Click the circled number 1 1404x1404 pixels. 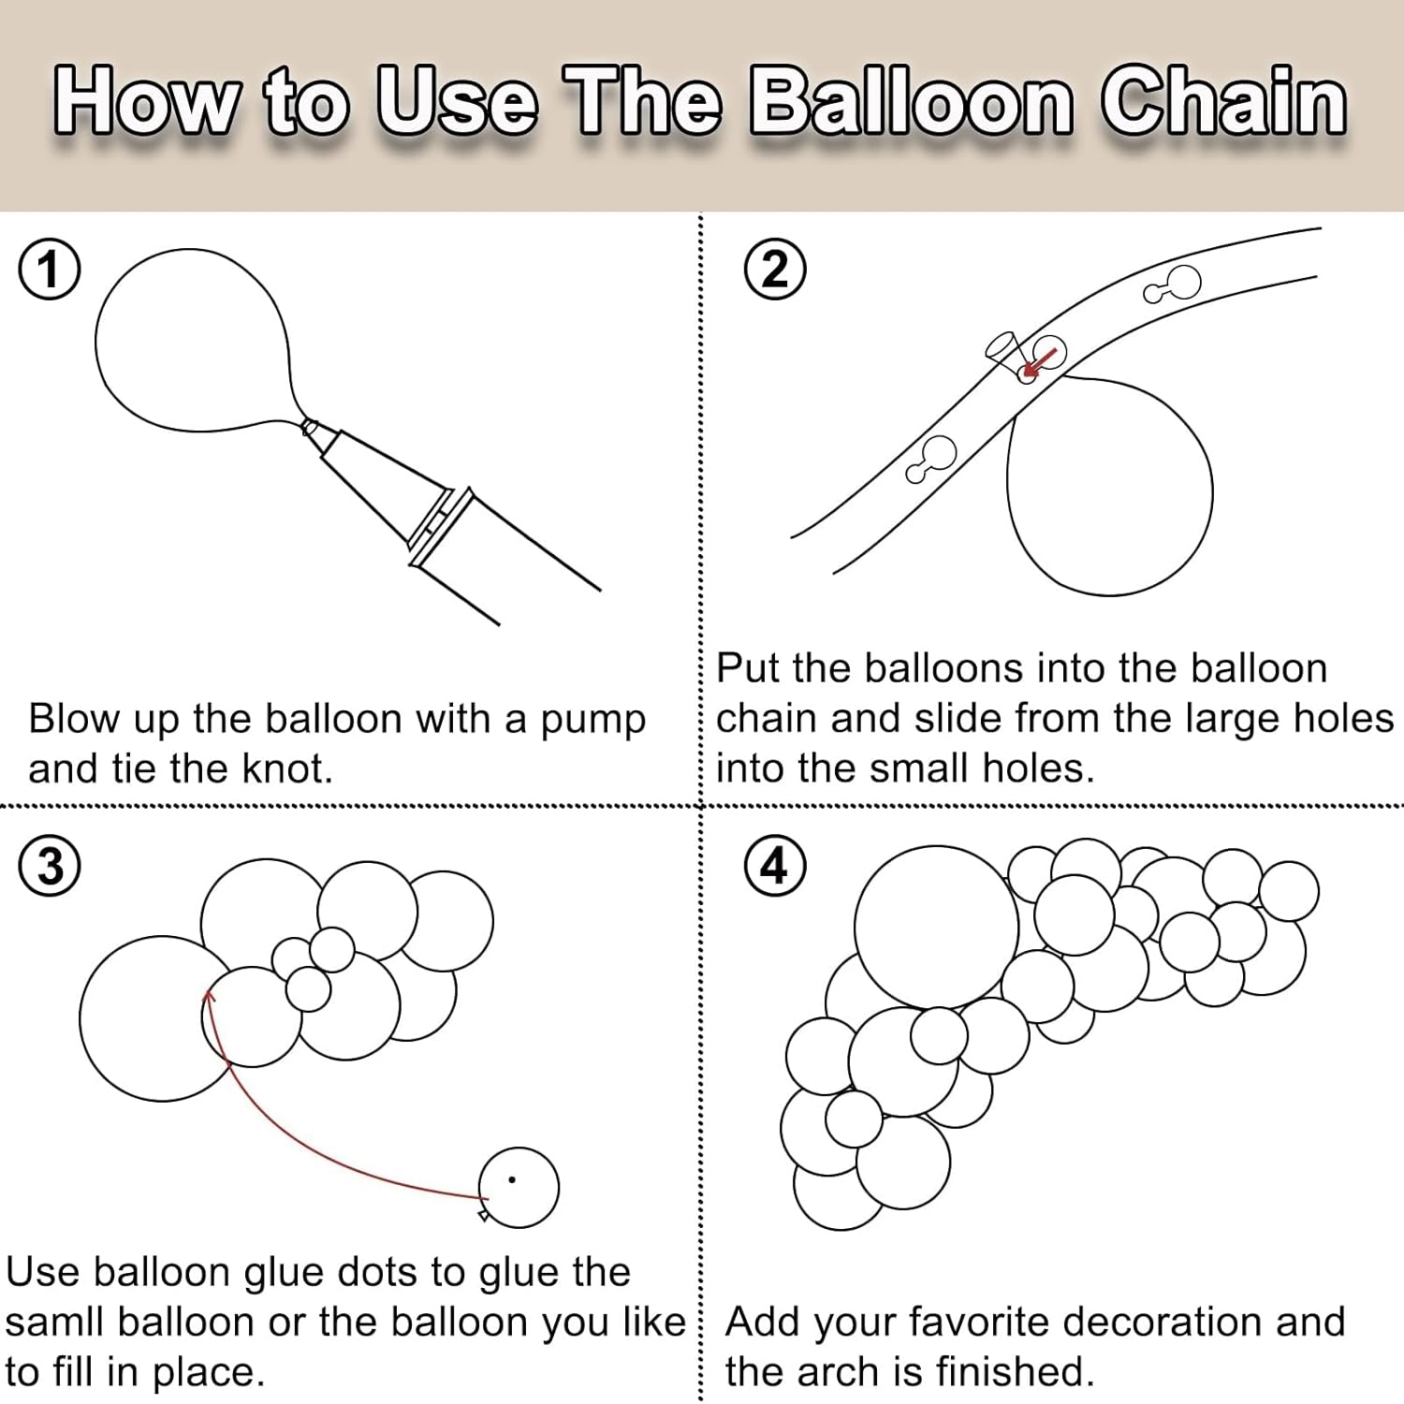pos(50,270)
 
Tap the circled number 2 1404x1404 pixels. pos(775,270)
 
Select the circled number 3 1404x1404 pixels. pos(50,866)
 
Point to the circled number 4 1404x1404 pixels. pos(775,866)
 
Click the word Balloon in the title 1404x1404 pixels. pos(913,101)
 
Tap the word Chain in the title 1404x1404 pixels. pos(1224,101)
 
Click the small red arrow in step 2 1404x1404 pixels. pos(1040,362)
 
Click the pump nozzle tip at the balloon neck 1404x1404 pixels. pos(309,427)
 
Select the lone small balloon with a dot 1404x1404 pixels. pos(518,1187)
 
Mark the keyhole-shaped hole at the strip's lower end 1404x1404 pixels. pos(930,460)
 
